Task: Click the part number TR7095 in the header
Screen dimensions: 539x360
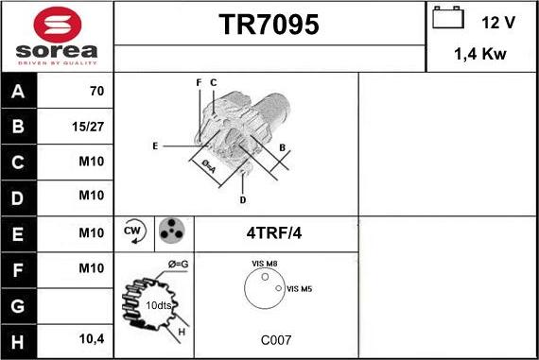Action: [x=269, y=26]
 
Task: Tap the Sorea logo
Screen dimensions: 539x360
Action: [x=56, y=37]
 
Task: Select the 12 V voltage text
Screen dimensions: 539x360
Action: [x=497, y=21]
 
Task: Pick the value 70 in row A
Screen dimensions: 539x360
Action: [x=96, y=93]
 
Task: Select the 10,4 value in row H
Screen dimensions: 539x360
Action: [x=91, y=338]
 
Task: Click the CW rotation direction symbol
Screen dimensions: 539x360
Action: [x=133, y=231]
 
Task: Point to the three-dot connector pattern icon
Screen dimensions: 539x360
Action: [x=172, y=231]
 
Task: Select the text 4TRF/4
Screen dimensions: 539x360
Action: [x=275, y=232]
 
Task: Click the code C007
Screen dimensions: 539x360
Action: [x=276, y=338]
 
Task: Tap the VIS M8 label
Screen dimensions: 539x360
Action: [x=264, y=264]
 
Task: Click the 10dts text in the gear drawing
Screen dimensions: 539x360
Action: [x=159, y=306]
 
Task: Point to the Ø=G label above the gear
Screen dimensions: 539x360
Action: [x=178, y=264]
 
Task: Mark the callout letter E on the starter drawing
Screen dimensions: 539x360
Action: [x=154, y=146]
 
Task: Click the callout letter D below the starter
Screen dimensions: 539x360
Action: [x=243, y=199]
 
